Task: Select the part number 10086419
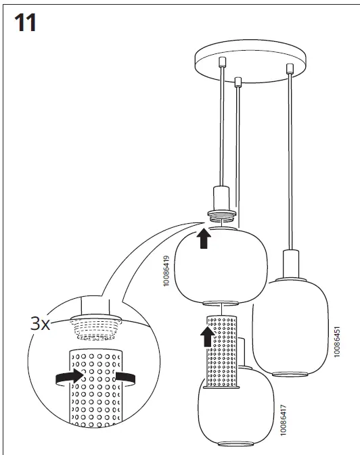pos(166,270)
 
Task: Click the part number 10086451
pos(336,343)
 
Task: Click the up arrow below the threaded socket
pos(204,238)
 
